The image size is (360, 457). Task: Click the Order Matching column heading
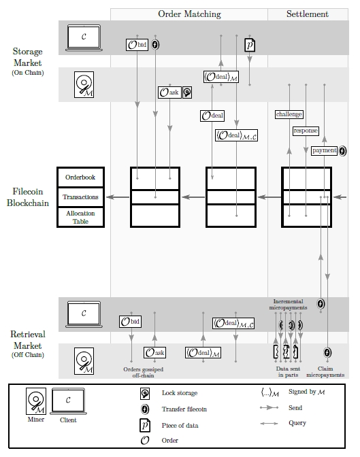point(189,14)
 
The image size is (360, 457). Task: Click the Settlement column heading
point(307,14)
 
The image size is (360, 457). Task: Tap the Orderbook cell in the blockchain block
point(80,177)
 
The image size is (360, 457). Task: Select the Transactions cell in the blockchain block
point(80,197)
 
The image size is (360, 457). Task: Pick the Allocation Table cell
point(80,217)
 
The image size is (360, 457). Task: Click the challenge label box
point(289,114)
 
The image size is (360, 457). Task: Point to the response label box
point(306,131)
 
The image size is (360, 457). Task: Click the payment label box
point(324,150)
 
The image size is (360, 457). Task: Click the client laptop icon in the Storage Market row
point(83,37)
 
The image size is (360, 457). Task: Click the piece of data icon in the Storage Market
point(250,46)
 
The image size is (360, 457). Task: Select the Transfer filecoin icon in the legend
point(144,409)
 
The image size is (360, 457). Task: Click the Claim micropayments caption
point(325,372)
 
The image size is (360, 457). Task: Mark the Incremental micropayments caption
point(288,304)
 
